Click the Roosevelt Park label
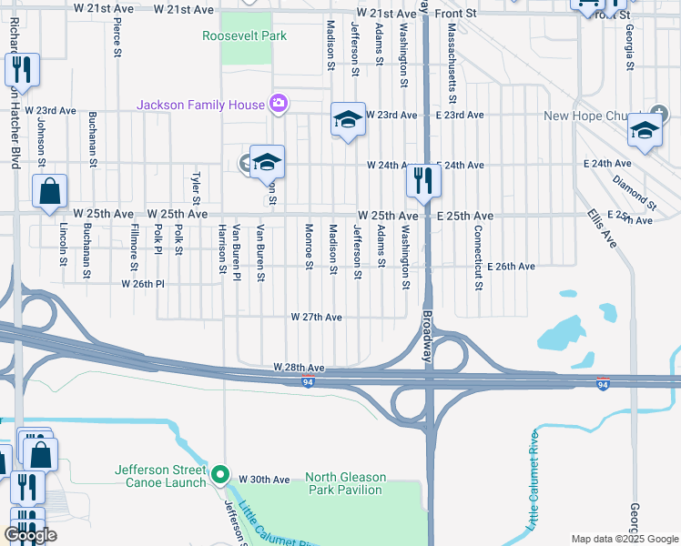point(244,35)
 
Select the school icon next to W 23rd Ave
point(348,119)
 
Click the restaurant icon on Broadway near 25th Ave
point(423,180)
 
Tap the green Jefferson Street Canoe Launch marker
point(219,475)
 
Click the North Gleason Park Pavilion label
point(345,483)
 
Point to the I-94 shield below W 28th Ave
point(310,382)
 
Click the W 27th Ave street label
point(316,318)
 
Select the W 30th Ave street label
point(264,480)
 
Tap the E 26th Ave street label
point(511,267)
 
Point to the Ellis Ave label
point(602,228)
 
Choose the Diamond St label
point(635,194)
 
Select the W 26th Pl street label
point(143,284)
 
